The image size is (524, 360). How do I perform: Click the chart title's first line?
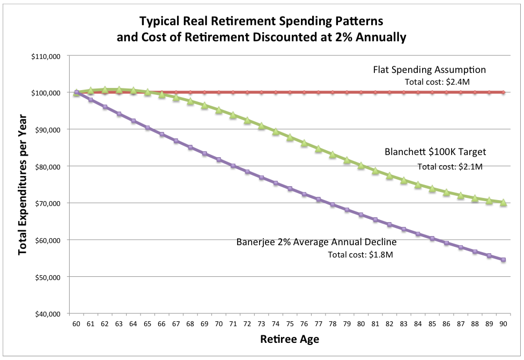click(262, 22)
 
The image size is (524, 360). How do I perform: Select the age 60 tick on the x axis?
click(76, 324)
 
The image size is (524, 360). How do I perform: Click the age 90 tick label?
click(503, 324)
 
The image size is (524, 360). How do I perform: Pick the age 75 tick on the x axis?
click(290, 324)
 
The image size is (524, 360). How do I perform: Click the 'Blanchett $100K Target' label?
click(435, 152)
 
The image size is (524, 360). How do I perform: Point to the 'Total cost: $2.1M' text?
click(451, 166)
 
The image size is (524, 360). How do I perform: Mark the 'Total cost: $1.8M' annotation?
click(361, 255)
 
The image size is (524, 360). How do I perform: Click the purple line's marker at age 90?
click(503, 260)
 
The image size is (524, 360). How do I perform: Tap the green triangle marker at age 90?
click(503, 202)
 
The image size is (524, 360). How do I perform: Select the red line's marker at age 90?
click(503, 92)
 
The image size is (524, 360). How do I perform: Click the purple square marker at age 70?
click(219, 160)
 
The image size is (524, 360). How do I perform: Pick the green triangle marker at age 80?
click(361, 166)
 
